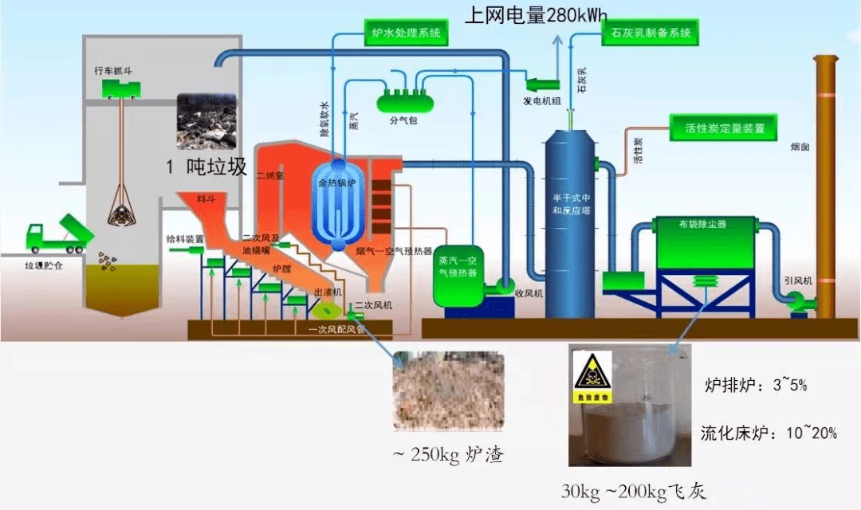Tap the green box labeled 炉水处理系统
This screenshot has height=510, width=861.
pyautogui.click(x=405, y=33)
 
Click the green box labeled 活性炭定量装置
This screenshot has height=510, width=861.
pyautogui.click(x=724, y=127)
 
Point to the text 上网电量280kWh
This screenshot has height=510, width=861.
pyautogui.click(x=533, y=14)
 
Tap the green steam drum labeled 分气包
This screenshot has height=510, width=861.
pyautogui.click(x=403, y=100)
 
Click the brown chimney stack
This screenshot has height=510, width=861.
pyautogui.click(x=824, y=191)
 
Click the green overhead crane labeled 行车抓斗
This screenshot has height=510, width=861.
pyautogui.click(x=120, y=90)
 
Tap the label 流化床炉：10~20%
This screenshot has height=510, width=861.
pyautogui.click(x=769, y=433)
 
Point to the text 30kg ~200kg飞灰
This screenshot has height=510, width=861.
pyautogui.click(x=633, y=491)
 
